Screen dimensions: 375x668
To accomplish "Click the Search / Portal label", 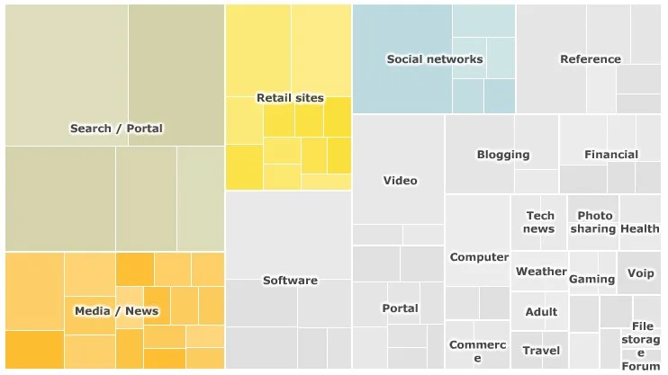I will point(116,129).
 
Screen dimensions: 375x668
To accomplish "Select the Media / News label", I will point(116,311).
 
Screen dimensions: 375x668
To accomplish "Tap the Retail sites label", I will point(290,98).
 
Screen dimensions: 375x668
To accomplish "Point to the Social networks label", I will point(435,59).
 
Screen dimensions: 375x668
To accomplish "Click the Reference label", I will point(591,59).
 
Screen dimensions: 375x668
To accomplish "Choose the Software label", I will point(290,281).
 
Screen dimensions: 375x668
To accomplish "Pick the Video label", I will point(400,181).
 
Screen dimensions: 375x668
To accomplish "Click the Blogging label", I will point(503,155).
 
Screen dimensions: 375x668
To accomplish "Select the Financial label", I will point(611,155).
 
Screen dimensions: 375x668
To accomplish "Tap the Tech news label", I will point(540,222).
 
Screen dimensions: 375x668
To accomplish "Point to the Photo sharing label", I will point(594,222).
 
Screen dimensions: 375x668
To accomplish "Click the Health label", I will point(640,228).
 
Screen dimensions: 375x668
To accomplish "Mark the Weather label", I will point(541,272).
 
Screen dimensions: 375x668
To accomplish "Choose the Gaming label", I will point(592,279).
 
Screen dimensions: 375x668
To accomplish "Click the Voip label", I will point(641,273).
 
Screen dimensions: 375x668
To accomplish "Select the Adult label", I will point(541,312).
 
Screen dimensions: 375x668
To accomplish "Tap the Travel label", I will point(541,351).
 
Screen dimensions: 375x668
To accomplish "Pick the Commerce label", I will point(478,352).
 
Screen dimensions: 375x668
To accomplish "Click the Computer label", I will point(479,257).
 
